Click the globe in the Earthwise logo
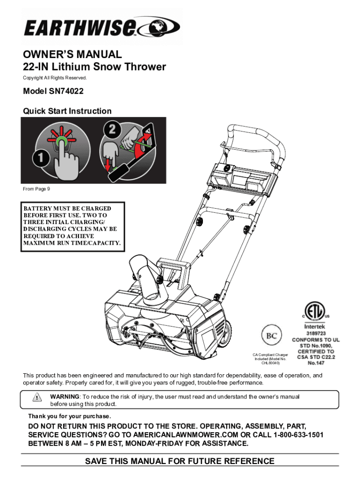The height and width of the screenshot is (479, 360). tap(159, 26)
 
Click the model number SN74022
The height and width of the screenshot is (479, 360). tap(66, 91)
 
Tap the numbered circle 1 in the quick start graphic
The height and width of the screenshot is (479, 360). tap(41, 158)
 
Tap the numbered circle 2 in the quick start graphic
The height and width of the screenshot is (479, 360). tap(112, 129)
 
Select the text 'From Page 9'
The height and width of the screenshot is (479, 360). tap(36, 189)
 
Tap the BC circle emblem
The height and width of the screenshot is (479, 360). tap(272, 336)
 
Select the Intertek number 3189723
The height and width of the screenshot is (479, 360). tap(316, 333)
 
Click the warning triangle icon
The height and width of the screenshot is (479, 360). tap(37, 397)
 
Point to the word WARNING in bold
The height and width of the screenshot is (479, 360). tap(65, 397)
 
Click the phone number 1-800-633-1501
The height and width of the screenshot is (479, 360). tap(298, 435)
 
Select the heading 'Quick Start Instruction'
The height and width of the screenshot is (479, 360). tap(67, 111)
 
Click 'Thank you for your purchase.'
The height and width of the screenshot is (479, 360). tap(70, 416)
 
